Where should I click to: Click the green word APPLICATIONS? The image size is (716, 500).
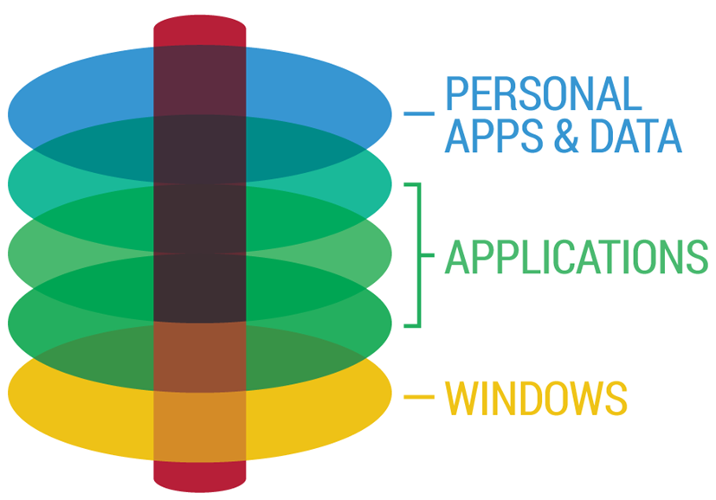576,256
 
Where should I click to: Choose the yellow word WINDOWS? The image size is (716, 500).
535,397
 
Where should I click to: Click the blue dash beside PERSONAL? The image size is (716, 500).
418,113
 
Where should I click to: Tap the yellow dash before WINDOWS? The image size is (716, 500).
418,397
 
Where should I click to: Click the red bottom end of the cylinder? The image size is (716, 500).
200,474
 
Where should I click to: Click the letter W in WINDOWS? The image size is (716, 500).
463,397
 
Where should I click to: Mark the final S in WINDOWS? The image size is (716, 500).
613,397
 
